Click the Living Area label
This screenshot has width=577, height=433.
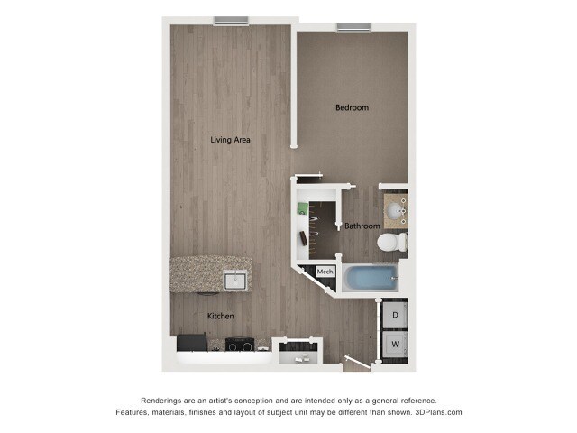pyautogui.click(x=230, y=140)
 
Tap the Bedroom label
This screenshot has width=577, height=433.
pyautogui.click(x=352, y=108)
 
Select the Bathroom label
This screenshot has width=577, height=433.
pyautogui.click(x=362, y=226)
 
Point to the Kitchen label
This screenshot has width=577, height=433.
pyautogui.click(x=221, y=316)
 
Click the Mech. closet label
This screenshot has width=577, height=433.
pyautogui.click(x=325, y=272)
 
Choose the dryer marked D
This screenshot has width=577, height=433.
pyautogui.click(x=395, y=316)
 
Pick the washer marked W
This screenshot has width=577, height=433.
pyautogui.click(x=395, y=344)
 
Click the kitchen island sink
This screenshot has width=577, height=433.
pyautogui.click(x=236, y=281)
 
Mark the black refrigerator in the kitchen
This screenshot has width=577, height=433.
pyautogui.click(x=191, y=343)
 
